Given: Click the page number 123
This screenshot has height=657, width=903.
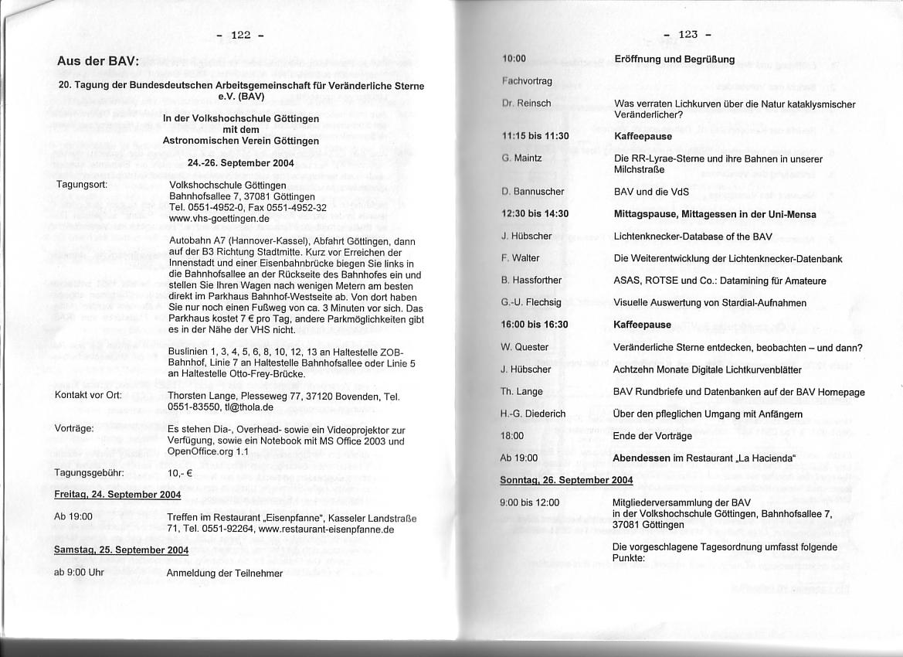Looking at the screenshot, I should point(687,35).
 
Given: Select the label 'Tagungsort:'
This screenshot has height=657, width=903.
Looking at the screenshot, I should point(81,185).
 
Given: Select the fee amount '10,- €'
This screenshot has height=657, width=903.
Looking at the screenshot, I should point(179,472).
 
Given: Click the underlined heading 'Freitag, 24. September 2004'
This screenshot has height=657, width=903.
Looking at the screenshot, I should point(117,494).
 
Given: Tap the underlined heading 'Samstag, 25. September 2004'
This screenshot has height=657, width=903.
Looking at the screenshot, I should point(121,550).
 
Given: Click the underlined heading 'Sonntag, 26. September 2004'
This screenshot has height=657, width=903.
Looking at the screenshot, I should point(566,480).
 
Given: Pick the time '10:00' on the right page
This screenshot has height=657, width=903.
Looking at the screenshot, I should point(514,59).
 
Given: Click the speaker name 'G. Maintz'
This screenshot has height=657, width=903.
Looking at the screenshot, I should point(521,158).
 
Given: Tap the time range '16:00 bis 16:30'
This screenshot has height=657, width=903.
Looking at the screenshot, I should point(535,325).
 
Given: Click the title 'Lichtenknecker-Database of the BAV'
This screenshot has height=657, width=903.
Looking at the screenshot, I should point(692,237).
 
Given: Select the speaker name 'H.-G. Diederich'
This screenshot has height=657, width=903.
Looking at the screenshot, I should point(533,414).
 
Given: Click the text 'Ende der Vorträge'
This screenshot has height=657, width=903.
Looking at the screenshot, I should point(652,436).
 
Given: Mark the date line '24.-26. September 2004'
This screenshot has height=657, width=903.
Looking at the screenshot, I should point(241,163).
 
